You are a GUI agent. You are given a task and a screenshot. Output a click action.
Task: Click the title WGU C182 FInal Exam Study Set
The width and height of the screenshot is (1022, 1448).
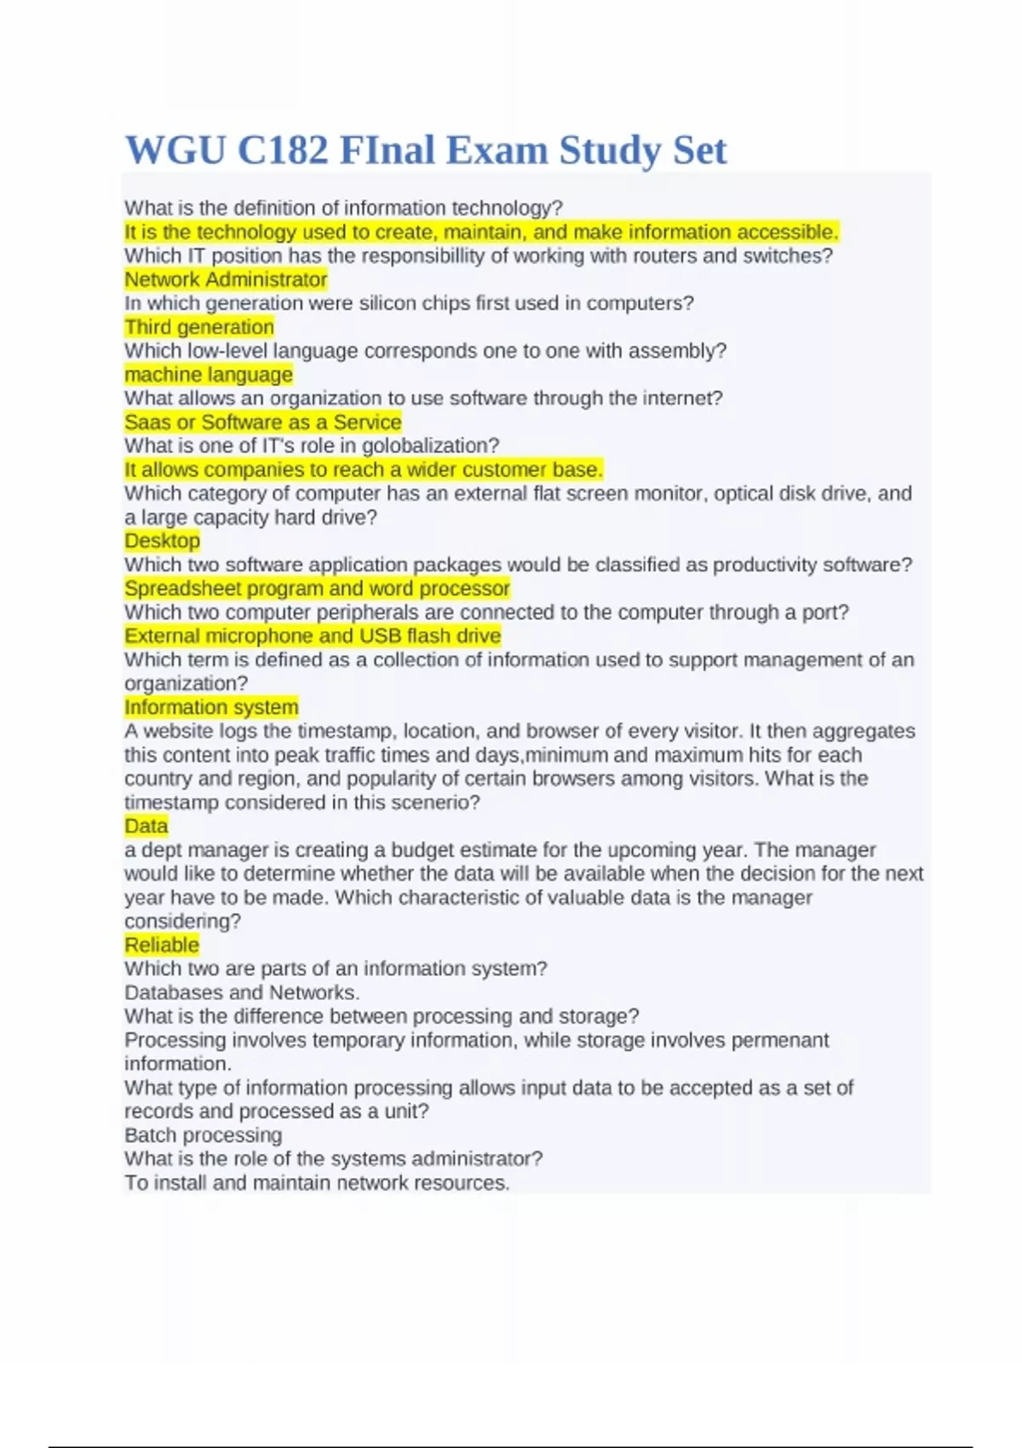pyautogui.click(x=425, y=150)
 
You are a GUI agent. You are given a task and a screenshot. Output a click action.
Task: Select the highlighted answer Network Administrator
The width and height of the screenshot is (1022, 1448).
pyautogui.click(x=226, y=279)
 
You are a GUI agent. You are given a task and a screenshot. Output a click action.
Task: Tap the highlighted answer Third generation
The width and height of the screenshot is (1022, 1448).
pyautogui.click(x=199, y=327)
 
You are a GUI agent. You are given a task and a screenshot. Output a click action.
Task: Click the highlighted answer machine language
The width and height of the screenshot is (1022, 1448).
pyautogui.click(x=209, y=375)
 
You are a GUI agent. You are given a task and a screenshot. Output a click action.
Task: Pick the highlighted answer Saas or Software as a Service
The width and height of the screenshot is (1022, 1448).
pyautogui.click(x=262, y=422)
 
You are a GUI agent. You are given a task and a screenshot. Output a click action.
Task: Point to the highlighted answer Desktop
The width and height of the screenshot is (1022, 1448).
pyautogui.click(x=162, y=541)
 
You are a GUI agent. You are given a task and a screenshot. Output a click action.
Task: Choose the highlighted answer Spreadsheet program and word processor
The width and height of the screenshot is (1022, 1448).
pyautogui.click(x=317, y=589)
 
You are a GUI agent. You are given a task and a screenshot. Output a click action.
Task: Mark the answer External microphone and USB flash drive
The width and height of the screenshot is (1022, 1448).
pyautogui.click(x=313, y=636)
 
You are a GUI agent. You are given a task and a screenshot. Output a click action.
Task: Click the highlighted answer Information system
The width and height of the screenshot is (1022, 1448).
pyautogui.click(x=211, y=707)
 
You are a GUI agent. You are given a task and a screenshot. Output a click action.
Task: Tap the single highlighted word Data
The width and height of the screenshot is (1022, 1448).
pyautogui.click(x=146, y=826)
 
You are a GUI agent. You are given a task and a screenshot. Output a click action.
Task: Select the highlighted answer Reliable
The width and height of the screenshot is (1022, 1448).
pyautogui.click(x=162, y=945)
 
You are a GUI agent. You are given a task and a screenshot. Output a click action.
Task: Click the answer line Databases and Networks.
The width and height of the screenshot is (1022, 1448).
pyautogui.click(x=242, y=992)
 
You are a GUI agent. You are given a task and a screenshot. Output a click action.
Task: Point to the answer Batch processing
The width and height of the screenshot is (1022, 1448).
pyautogui.click(x=203, y=1135)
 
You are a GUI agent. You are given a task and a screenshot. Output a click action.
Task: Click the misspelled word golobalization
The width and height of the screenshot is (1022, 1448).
pyautogui.click(x=430, y=445)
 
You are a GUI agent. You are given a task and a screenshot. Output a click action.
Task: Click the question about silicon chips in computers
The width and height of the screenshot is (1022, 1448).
pyautogui.click(x=409, y=303)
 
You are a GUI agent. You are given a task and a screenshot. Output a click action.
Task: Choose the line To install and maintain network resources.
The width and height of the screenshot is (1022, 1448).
pyautogui.click(x=317, y=1183)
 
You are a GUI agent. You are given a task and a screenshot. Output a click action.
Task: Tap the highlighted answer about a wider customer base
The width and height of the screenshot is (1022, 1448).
pyautogui.click(x=364, y=469)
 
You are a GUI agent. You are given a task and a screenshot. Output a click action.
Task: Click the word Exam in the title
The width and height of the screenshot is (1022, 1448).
pyautogui.click(x=497, y=150)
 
